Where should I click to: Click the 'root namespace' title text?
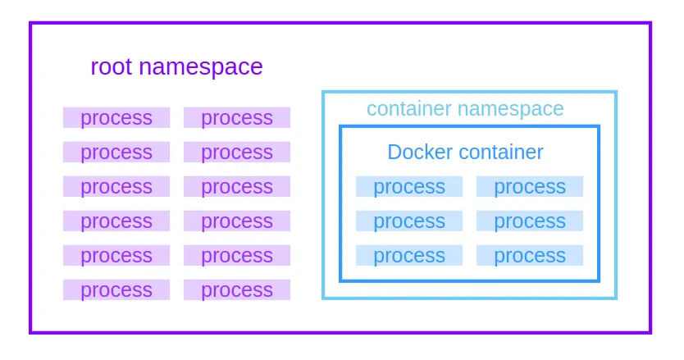coord(176,66)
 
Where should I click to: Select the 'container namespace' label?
coord(465,109)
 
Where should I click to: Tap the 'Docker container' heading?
coord(465,153)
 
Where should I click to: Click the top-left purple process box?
coord(116,118)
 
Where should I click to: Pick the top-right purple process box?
coord(237,118)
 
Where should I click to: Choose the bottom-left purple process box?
coord(116,290)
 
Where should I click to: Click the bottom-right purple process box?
coord(237,290)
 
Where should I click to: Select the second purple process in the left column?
coord(116,153)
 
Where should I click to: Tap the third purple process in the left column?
coord(116,187)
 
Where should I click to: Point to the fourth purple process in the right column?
coord(237,221)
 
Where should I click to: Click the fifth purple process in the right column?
coord(237,256)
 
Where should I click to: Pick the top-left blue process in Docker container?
coord(409,187)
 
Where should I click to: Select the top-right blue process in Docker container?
coord(530,187)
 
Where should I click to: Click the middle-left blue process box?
coord(409,221)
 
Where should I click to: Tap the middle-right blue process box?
coord(530,221)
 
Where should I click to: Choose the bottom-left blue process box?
coord(409,256)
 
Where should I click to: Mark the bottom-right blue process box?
coord(530,256)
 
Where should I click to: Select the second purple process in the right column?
coord(237,153)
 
